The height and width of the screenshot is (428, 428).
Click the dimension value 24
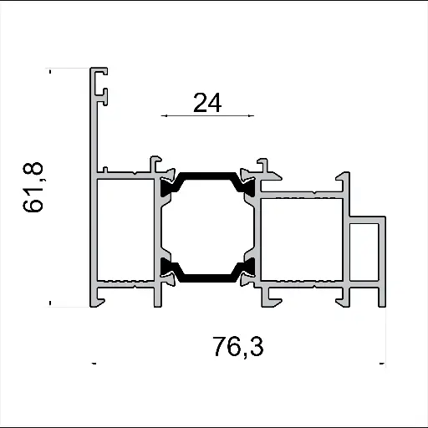click(206, 103)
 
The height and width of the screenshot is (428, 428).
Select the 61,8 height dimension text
click(35, 188)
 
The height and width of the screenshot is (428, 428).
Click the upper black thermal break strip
click(206, 177)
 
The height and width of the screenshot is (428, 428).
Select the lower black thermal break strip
click(206, 275)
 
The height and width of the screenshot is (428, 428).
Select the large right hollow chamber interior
click(302, 238)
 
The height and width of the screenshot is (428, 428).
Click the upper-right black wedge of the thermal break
click(247, 184)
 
